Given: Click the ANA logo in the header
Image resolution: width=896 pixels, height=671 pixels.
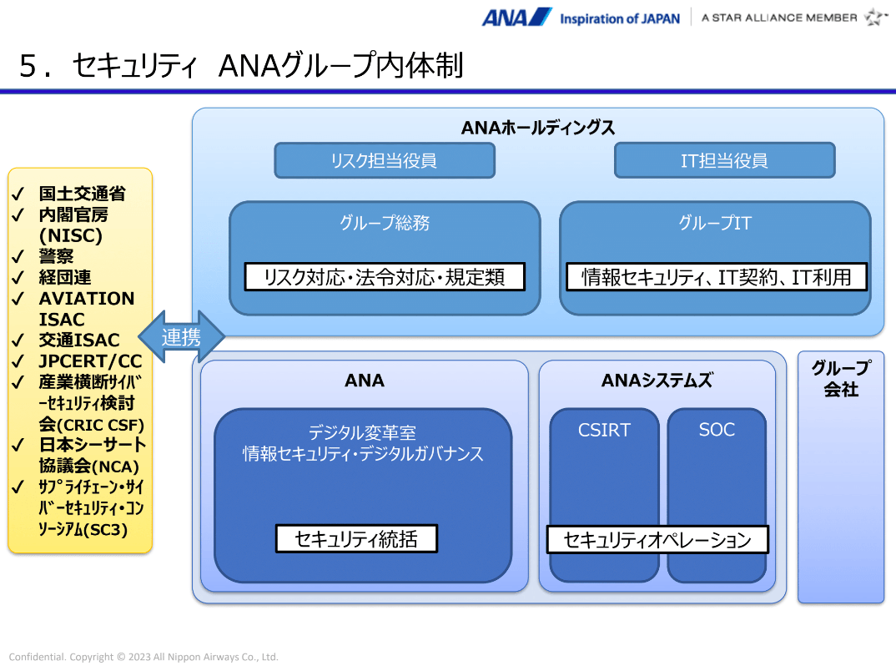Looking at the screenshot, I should click(x=516, y=18).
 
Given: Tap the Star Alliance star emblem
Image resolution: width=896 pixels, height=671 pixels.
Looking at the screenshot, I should click(x=876, y=18).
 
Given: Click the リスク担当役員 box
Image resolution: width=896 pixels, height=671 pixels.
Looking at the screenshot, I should click(x=384, y=160).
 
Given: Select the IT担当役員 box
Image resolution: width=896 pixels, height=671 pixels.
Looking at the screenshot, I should click(x=724, y=160).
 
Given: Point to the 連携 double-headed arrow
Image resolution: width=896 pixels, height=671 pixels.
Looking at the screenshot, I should click(x=181, y=337).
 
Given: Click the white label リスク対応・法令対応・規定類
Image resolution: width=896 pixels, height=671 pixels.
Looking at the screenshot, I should click(x=385, y=277).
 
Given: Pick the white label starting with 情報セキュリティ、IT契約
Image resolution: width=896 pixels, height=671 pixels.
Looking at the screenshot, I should click(x=717, y=277).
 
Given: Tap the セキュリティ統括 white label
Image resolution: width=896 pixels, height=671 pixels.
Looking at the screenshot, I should click(x=356, y=539).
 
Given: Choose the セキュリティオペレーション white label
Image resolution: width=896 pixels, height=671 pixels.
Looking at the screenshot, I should click(x=657, y=540).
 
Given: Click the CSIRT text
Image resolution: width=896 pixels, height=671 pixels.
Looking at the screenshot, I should click(x=604, y=431).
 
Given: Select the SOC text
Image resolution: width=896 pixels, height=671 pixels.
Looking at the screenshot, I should click(x=717, y=431).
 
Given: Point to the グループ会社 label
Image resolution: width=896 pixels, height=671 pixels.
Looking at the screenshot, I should click(x=841, y=379).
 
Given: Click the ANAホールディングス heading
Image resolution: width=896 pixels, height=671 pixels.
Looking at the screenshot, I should click(x=538, y=128).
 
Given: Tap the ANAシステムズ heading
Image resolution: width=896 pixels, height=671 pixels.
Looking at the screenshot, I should click(x=657, y=381).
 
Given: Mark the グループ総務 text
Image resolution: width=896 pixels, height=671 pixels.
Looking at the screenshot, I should click(x=385, y=224).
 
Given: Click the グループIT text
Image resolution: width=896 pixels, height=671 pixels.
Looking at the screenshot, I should click(x=715, y=224).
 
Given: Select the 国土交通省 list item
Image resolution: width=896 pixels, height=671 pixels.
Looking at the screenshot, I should click(x=82, y=194).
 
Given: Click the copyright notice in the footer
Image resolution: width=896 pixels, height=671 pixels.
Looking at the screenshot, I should click(x=143, y=657).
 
